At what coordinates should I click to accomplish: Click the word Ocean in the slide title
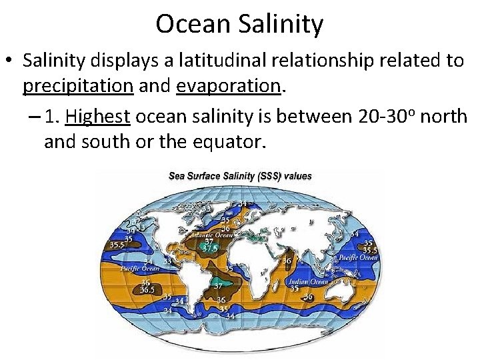191,24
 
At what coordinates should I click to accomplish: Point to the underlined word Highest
97,117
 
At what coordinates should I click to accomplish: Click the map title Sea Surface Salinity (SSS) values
240,176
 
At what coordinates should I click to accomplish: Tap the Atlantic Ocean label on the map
210,234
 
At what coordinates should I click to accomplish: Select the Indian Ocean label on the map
307,281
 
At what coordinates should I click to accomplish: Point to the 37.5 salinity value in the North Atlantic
210,249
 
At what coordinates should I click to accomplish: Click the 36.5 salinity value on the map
148,290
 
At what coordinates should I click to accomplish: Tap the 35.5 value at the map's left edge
116,245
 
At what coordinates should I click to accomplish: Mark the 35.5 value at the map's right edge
369,250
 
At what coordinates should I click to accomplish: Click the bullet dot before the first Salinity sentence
12,61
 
